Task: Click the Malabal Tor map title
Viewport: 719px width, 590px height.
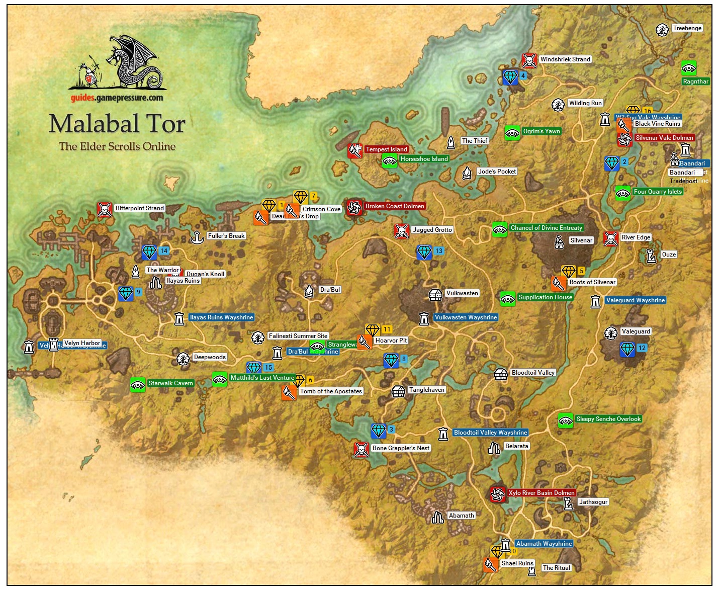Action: [x=117, y=124]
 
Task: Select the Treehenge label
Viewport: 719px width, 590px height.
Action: [x=687, y=28]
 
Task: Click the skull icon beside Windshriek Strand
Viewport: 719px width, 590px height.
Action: [x=529, y=60]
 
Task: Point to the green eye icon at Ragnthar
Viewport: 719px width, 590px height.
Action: [x=688, y=68]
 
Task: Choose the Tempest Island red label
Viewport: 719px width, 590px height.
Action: [x=386, y=149]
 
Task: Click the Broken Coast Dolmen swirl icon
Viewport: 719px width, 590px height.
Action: [x=354, y=207]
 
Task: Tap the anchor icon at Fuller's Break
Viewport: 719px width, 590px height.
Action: [x=197, y=236]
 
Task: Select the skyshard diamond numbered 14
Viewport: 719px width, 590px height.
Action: [x=150, y=251]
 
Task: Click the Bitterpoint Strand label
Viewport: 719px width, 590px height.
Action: [x=139, y=208]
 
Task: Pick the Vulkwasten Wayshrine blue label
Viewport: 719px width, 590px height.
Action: [x=466, y=317]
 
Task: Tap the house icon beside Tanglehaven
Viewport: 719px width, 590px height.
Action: [x=398, y=391]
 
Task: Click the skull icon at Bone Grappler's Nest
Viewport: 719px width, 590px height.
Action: [x=361, y=449]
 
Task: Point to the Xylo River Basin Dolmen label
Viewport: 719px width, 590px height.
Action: [x=541, y=493]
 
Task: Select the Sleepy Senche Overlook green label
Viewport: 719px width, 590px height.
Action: [x=608, y=419]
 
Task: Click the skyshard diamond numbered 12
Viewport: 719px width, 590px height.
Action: [x=627, y=349]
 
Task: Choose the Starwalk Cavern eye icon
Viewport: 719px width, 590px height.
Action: [x=138, y=385]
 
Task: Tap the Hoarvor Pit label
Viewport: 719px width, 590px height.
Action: [x=391, y=341]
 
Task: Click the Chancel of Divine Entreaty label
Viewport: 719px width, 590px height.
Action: [x=546, y=228]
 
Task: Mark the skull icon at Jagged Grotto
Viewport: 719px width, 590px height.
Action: [x=402, y=231]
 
